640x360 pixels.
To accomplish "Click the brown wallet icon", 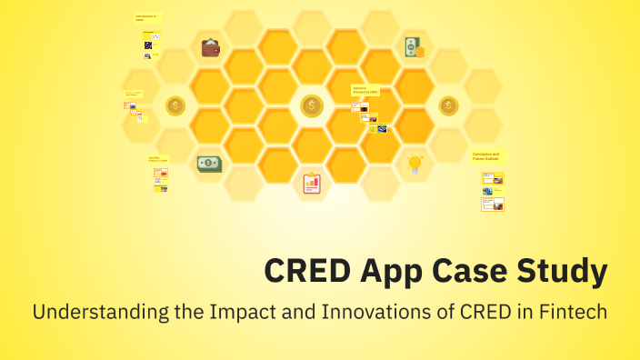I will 210,47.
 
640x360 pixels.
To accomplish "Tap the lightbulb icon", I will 415,164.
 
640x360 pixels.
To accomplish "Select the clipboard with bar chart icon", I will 312,183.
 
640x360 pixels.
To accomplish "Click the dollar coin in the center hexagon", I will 312,106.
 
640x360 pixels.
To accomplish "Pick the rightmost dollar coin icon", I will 449,106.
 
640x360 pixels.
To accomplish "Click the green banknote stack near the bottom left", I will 210,164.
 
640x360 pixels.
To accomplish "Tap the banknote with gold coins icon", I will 414,47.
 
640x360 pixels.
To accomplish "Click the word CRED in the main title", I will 305,271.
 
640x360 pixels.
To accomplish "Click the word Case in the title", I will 475,271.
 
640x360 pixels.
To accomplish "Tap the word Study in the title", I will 563,271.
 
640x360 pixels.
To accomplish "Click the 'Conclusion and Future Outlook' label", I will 486,156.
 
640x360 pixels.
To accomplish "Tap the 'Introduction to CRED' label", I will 146,18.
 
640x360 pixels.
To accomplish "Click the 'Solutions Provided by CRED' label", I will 365,90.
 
